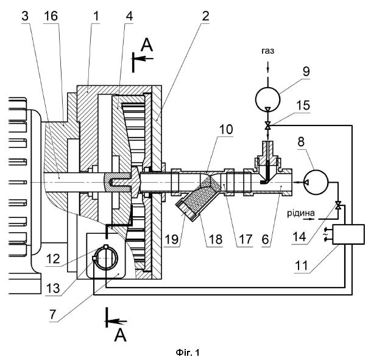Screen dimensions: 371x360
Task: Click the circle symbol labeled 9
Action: [x=267, y=99]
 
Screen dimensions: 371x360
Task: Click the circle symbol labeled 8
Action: [x=316, y=182]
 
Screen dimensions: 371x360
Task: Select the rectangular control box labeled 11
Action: [x=348, y=234]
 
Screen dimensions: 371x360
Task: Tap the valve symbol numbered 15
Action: [x=267, y=125]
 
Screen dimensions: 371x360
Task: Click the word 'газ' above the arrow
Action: [x=267, y=51]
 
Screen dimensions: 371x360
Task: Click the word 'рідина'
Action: [x=301, y=213]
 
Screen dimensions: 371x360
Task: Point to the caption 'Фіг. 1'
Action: [x=188, y=353]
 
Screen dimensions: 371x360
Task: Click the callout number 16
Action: [x=51, y=16]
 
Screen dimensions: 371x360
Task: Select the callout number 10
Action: [x=226, y=129]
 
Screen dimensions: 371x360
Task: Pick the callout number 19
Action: [x=172, y=239]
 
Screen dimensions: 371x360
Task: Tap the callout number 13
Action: [x=52, y=288]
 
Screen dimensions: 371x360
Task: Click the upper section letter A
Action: [x=147, y=45]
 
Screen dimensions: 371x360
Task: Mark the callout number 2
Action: [x=205, y=16]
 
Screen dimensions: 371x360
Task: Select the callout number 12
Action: [x=53, y=259]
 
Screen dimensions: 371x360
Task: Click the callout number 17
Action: [x=246, y=239]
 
